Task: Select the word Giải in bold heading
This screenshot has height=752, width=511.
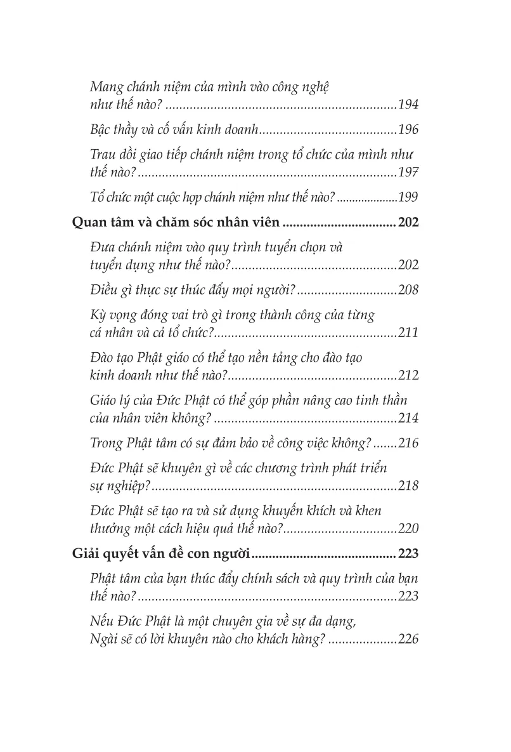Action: [82, 554]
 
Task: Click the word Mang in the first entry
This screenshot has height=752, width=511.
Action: [105, 87]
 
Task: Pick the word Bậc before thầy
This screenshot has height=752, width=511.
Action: [102, 131]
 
